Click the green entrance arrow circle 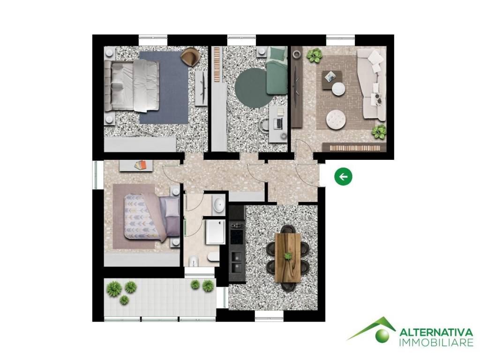344,177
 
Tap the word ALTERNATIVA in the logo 436,332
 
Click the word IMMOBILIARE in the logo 436,343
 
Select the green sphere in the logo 382,334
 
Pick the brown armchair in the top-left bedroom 190,57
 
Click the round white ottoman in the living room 335,119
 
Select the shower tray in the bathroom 215,232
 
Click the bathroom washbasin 219,204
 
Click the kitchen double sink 236,262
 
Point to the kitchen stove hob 236,229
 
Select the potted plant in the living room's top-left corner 313,56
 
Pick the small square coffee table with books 331,76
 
